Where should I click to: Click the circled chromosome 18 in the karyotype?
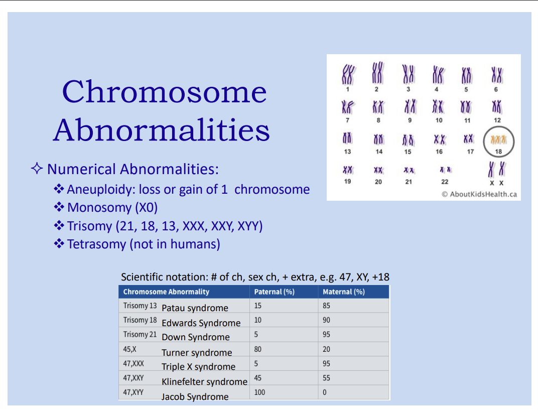(498, 139)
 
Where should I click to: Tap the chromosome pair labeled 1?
(347, 75)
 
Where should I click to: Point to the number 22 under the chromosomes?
(445, 182)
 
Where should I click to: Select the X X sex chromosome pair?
(497, 170)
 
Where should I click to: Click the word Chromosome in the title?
(164, 92)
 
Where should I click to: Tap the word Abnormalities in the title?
(162, 130)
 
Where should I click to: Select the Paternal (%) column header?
(274, 292)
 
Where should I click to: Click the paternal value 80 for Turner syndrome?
(258, 349)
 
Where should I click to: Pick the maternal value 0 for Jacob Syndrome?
(324, 392)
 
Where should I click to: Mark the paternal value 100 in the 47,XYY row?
(259, 392)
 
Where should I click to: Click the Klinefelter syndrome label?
(204, 382)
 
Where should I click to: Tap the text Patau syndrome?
(195, 308)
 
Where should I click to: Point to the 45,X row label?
(130, 349)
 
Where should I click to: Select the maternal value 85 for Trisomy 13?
(327, 306)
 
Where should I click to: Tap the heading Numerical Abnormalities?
(133, 169)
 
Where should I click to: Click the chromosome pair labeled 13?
(347, 138)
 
